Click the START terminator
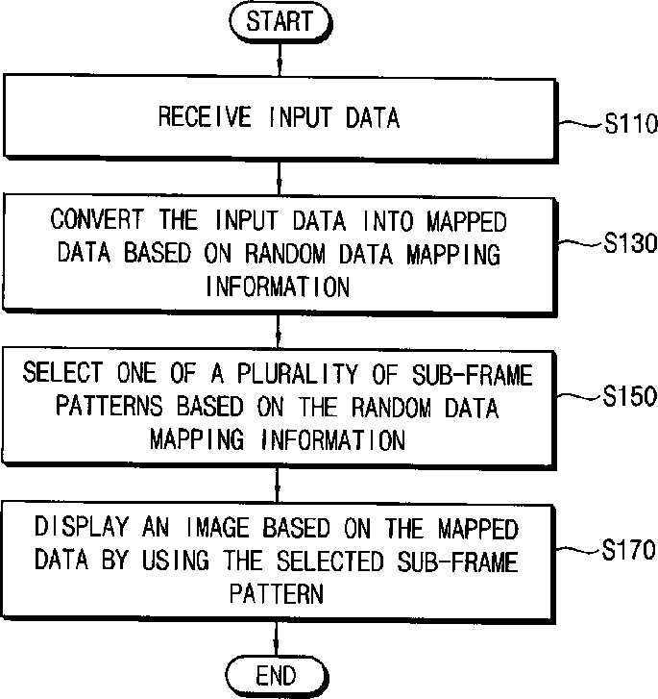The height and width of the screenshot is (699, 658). (280, 22)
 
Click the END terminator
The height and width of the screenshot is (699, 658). (277, 676)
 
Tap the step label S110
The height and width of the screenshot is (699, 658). (631, 123)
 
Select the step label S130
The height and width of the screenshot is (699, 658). (630, 243)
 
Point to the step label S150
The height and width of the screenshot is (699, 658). (630, 395)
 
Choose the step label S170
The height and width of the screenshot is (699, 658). (628, 549)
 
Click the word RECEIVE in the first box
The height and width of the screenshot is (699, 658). (205, 116)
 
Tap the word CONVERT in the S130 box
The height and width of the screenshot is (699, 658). (97, 219)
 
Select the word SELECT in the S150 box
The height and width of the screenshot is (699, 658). (62, 372)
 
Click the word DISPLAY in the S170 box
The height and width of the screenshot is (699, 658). (82, 526)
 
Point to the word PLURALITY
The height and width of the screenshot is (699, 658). (298, 373)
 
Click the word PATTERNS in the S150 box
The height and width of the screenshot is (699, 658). (110, 406)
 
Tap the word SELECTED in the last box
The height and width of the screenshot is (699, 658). (330, 561)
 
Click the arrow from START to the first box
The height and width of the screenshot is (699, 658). (280, 60)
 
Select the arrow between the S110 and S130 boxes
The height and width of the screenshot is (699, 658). (279, 178)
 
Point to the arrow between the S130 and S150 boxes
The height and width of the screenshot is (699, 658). (278, 332)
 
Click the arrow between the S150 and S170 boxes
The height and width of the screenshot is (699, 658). (277, 485)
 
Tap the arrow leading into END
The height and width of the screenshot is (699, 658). (277, 638)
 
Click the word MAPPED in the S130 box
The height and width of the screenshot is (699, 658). (467, 221)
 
